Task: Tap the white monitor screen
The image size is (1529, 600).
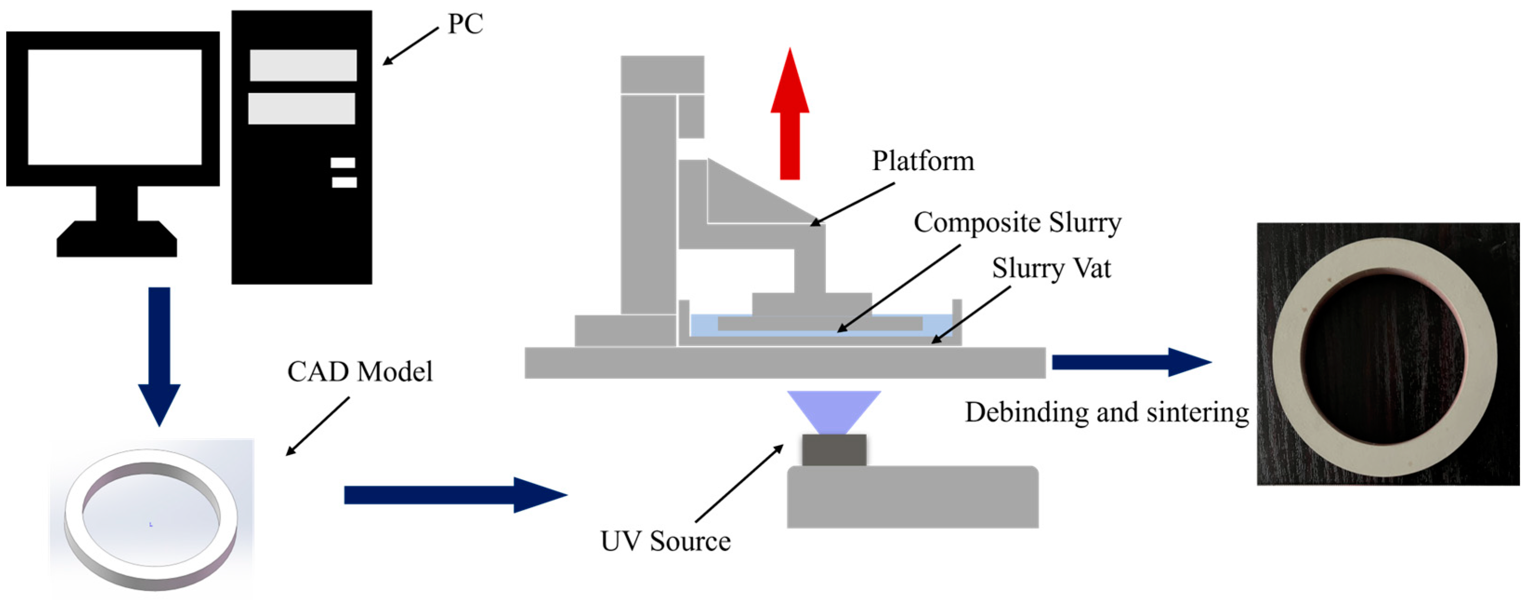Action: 115,107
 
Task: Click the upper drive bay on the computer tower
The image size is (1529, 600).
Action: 303,65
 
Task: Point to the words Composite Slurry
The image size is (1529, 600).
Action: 1017,223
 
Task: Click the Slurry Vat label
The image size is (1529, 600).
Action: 1050,268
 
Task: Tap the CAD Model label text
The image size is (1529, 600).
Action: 360,372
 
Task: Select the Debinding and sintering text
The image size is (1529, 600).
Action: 1106,412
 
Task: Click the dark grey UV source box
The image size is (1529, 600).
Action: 834,450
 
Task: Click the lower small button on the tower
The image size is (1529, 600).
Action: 344,182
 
